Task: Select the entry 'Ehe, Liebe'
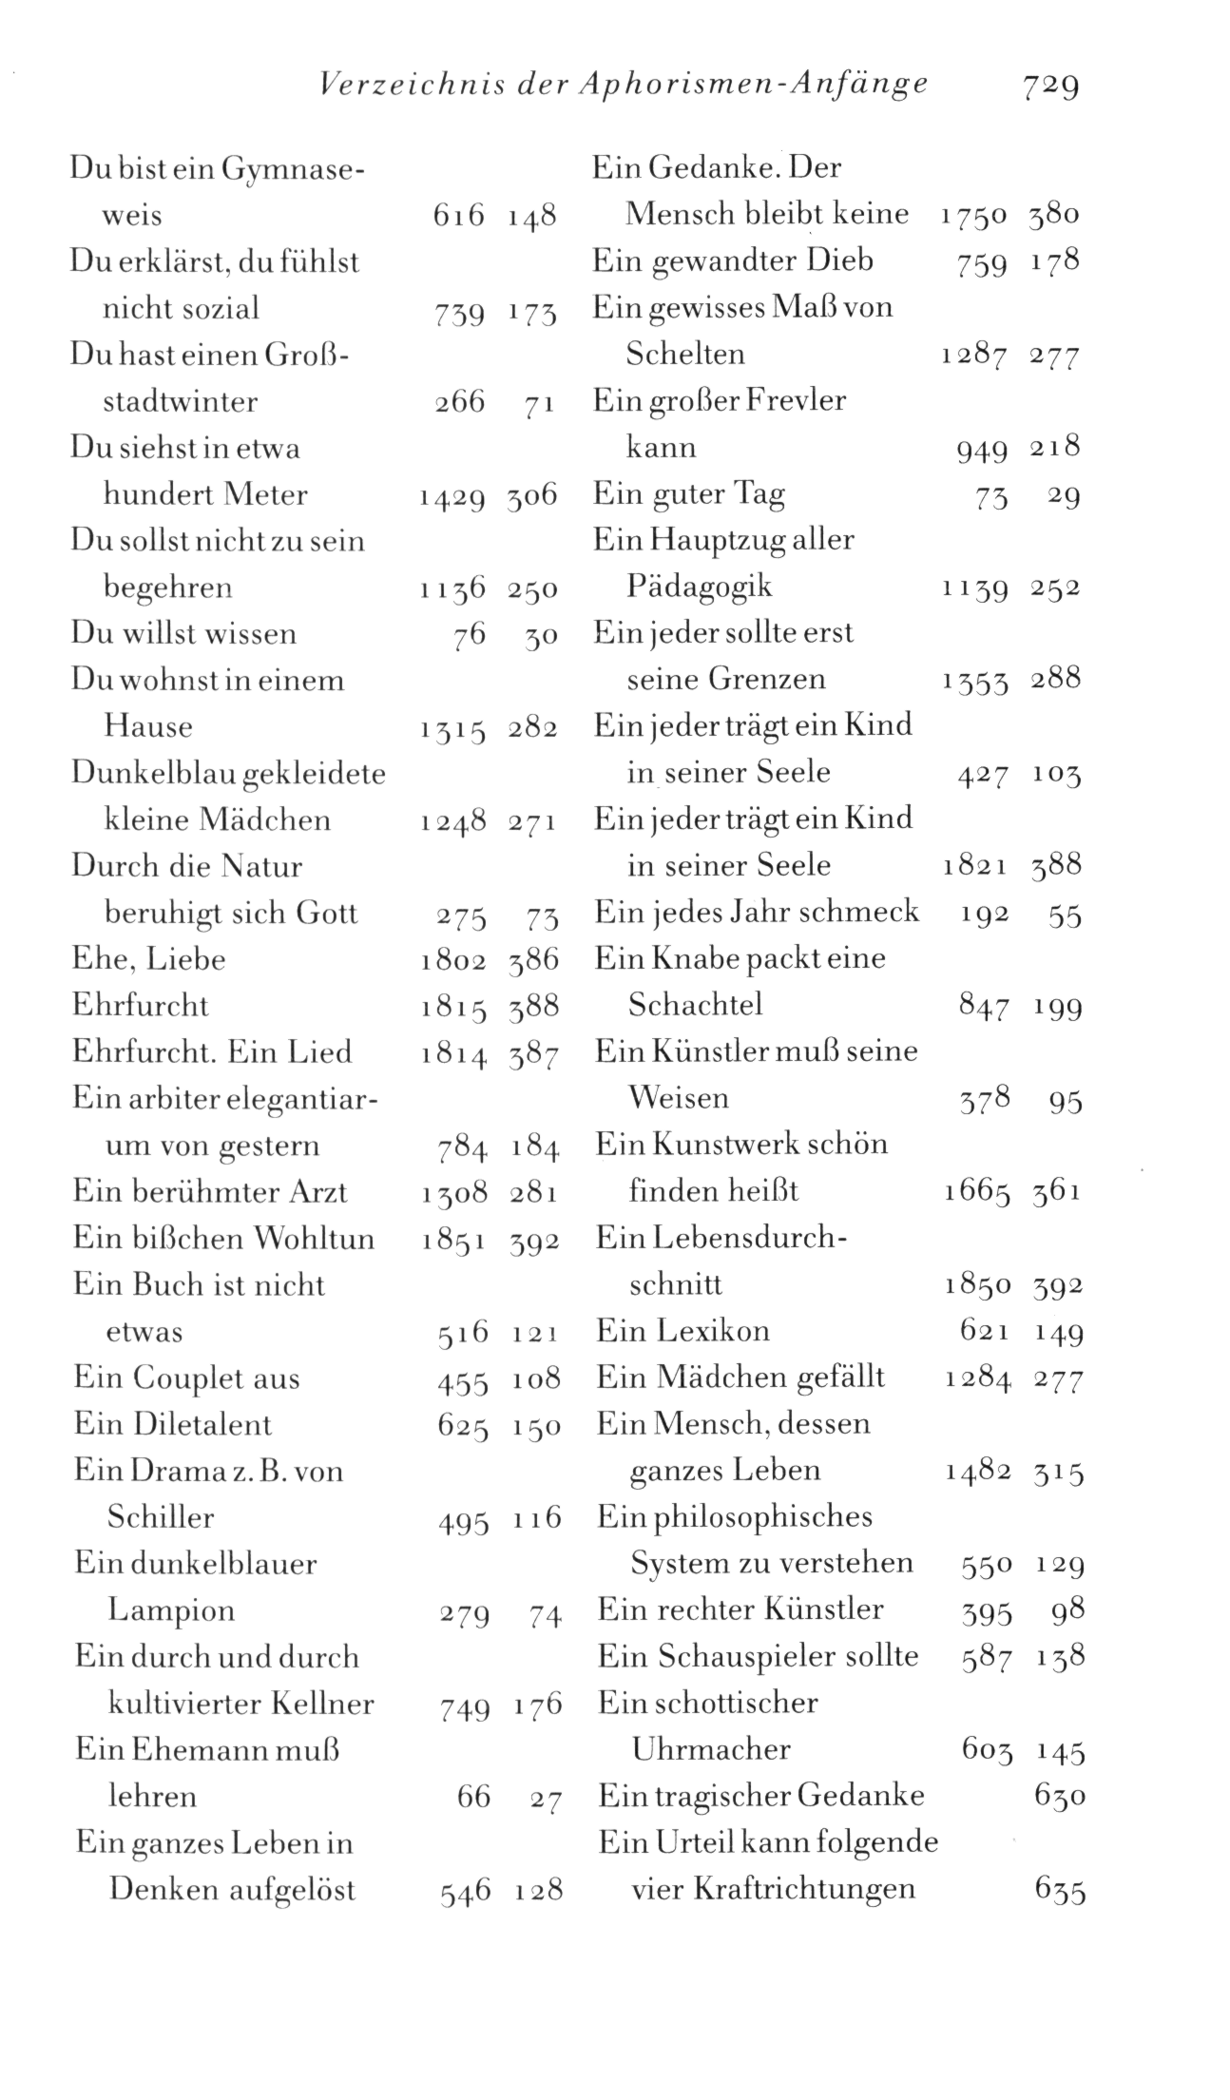tap(149, 958)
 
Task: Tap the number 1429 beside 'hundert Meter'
tap(451, 496)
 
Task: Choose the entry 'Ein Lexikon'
tap(682, 1330)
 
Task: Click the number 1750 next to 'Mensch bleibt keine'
tap(973, 216)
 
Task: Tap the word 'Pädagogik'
tap(700, 586)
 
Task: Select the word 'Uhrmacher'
tap(710, 1748)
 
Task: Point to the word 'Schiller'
tap(161, 1516)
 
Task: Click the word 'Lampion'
tap(171, 1609)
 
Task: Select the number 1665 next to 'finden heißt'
tap(977, 1192)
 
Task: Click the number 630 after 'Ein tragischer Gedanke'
tap(1059, 1796)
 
